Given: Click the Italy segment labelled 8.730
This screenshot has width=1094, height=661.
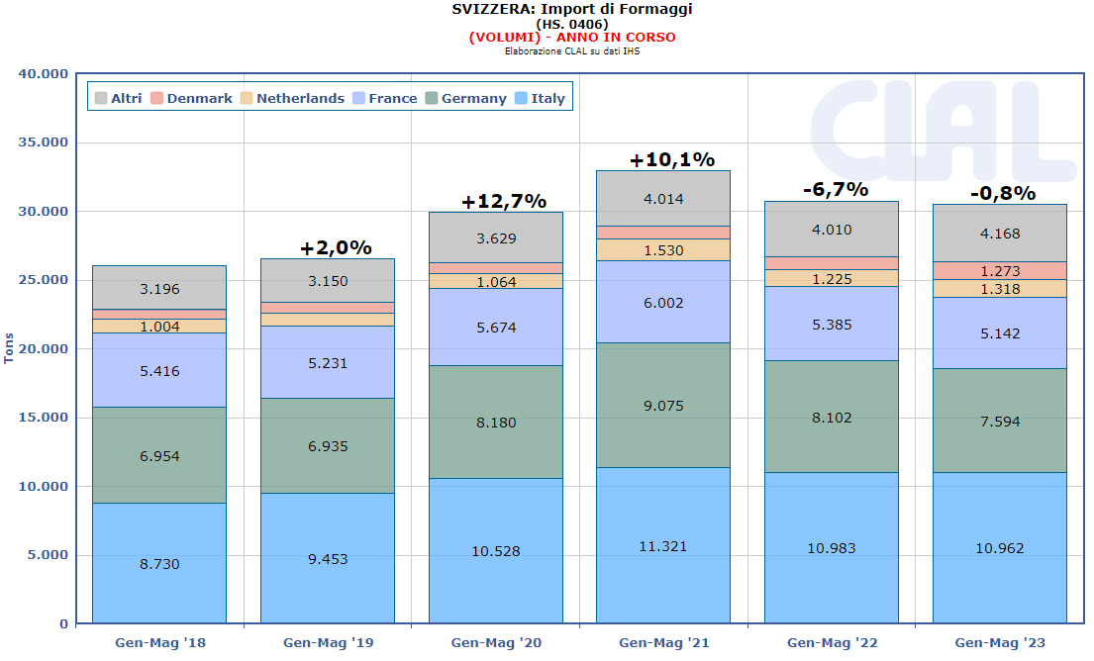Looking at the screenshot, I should click(158, 563).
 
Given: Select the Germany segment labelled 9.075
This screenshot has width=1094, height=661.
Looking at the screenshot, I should click(662, 406).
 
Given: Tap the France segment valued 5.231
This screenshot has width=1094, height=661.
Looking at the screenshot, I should click(327, 363).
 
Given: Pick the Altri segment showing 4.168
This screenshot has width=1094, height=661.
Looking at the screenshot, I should click(999, 234).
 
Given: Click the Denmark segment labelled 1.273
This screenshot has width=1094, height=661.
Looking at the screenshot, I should click(999, 271).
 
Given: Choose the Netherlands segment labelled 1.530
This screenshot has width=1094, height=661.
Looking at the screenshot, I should click(662, 250).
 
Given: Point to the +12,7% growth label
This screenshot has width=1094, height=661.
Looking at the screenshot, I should click(503, 202).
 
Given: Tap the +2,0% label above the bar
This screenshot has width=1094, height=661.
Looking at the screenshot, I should click(336, 248).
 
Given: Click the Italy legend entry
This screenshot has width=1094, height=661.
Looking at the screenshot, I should click(540, 98).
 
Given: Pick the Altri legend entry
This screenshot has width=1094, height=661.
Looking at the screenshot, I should click(118, 98).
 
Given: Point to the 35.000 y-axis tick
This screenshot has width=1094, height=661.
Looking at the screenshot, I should click(45, 142).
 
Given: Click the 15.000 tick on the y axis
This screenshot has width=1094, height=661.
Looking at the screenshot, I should click(45, 418).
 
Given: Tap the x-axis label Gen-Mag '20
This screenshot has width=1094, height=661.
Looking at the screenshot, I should click(495, 642).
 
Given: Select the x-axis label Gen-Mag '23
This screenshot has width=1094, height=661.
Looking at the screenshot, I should click(999, 642).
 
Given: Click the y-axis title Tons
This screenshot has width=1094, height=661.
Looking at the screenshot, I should click(10, 348).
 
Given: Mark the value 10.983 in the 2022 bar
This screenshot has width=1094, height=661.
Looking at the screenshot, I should click(831, 548).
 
